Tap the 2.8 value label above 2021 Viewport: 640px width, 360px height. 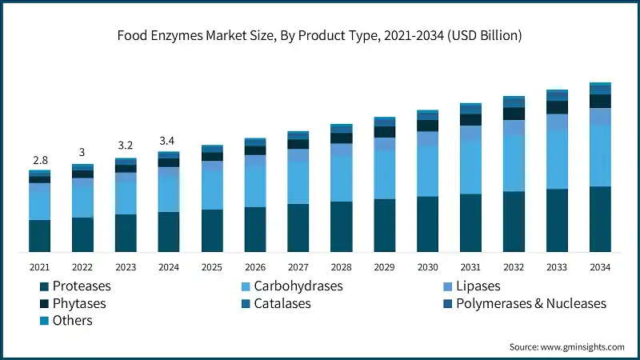click(x=40, y=161)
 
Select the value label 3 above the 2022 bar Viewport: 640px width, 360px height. click(x=82, y=153)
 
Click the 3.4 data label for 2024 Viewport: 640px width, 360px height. click(x=168, y=141)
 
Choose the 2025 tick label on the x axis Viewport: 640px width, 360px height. click(x=211, y=266)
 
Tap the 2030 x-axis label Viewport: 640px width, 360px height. click(x=427, y=266)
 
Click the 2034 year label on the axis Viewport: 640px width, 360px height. click(x=600, y=266)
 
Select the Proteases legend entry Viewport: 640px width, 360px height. click(x=80, y=286)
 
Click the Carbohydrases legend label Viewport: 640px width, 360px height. click(x=298, y=286)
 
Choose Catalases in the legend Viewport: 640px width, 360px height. click(x=282, y=303)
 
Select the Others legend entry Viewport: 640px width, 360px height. click(x=72, y=321)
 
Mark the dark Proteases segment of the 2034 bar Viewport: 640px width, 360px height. click(x=600, y=219)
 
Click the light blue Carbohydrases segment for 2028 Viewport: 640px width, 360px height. click(x=342, y=178)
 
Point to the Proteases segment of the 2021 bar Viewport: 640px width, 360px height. click(x=40, y=236)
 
